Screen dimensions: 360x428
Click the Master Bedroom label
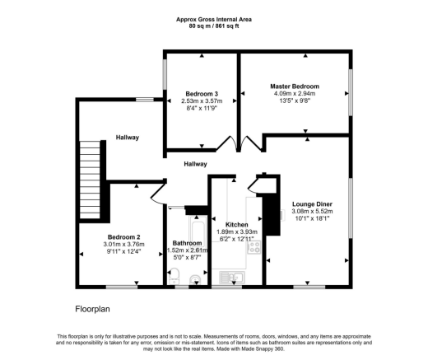295,86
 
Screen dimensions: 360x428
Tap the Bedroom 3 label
201,94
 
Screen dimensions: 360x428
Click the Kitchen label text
226,223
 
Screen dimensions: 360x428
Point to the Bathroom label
187,243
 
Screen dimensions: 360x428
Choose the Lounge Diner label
312,203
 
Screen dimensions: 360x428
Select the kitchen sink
225,278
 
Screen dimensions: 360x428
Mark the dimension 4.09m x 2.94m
295,95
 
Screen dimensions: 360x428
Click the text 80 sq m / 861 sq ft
214,26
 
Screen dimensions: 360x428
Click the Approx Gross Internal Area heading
214,19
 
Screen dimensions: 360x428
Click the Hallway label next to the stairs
127,137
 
